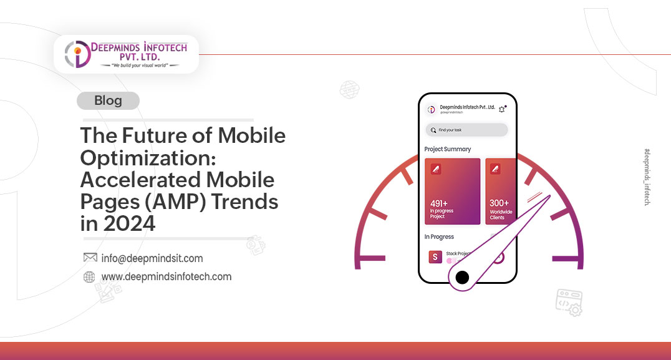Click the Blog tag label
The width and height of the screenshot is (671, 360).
coord(108,100)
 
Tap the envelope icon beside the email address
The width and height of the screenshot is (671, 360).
coord(90,258)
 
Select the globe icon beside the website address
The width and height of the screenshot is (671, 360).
coord(89,277)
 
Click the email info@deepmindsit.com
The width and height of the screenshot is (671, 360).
coord(152,258)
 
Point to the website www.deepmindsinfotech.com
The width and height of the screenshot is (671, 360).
coord(166,276)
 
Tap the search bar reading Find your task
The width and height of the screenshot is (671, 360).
coord(466,130)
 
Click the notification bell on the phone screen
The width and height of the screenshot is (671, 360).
coord(502,109)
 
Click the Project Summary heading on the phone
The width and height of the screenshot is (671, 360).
coord(447,149)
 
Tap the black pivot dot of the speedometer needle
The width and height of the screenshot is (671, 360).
coord(462,277)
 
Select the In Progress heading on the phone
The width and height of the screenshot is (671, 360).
coord(439,237)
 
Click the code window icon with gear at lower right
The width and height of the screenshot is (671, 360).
coord(569,300)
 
